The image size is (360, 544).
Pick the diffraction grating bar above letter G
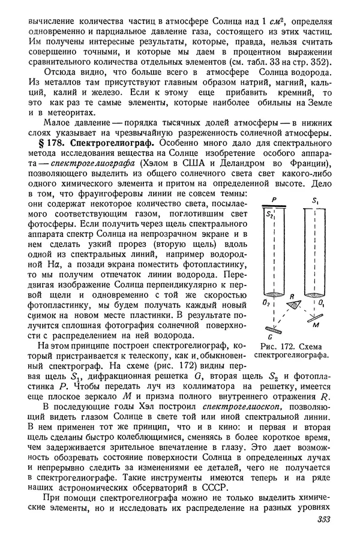point(275,329)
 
